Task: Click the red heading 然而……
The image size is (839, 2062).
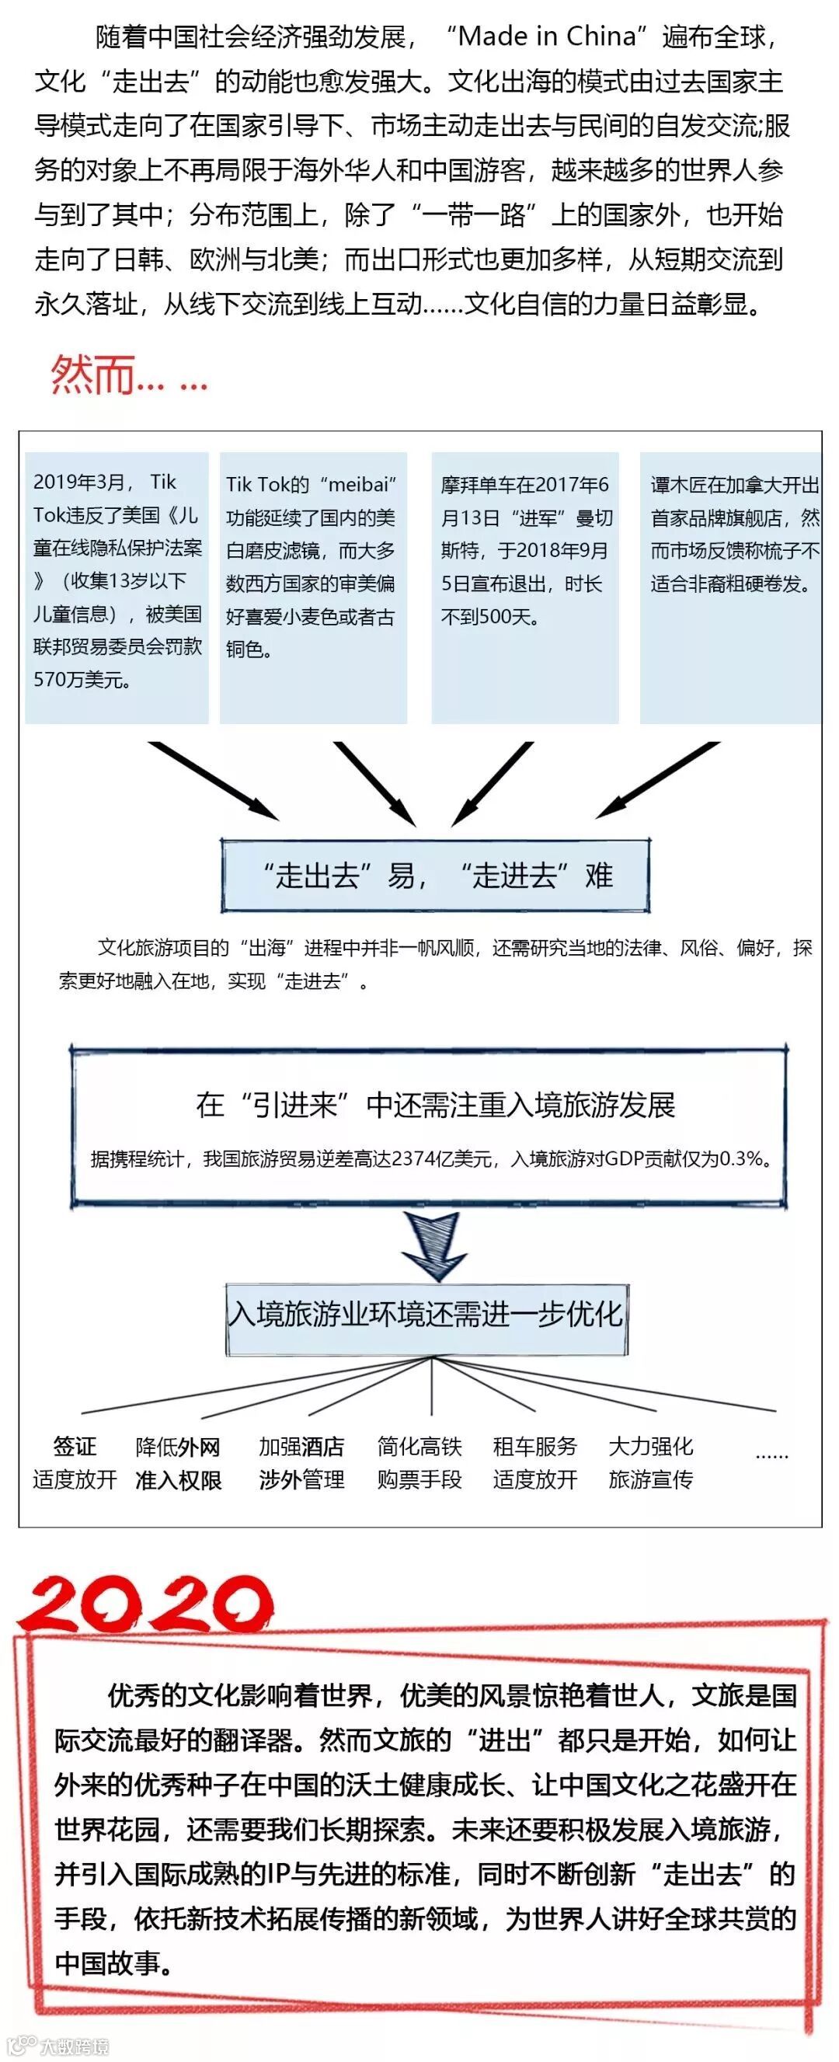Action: click(128, 374)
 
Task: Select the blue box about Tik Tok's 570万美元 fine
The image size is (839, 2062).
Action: click(117, 587)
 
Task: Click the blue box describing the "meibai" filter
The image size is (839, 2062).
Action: click(313, 587)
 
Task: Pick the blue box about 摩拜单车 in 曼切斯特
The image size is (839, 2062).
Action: click(524, 587)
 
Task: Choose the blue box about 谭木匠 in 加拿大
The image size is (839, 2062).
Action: click(731, 587)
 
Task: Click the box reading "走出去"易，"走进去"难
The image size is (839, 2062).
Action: click(435, 875)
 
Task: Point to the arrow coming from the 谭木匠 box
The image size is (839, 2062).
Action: click(656, 781)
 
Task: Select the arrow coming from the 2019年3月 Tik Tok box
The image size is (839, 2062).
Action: click(214, 781)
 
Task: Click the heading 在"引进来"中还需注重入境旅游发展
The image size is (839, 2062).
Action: click(435, 1105)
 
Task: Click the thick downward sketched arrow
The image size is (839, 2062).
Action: click(433, 1245)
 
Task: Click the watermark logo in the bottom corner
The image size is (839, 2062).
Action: click(56, 2046)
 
